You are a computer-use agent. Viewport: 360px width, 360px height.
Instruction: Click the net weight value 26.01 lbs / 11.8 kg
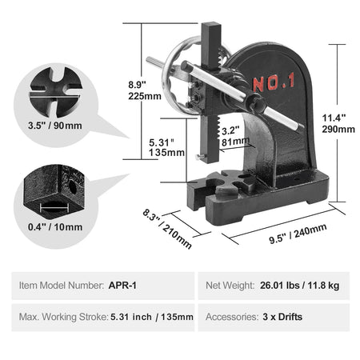pyautogui.click(x=301, y=283)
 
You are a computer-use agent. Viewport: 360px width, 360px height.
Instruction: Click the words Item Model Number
pyautogui.click(x=59, y=283)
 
